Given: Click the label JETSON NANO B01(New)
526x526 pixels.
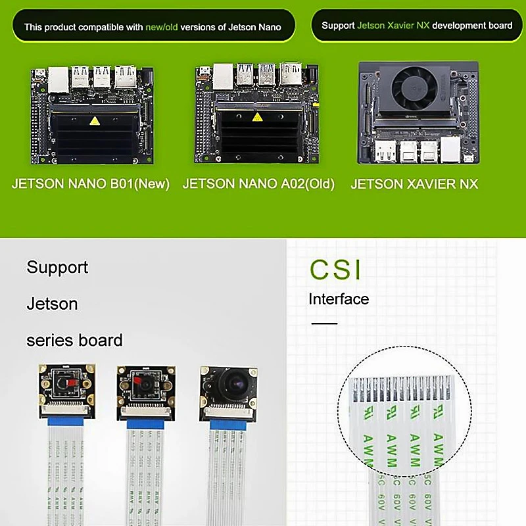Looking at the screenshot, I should pyautogui.click(x=91, y=184).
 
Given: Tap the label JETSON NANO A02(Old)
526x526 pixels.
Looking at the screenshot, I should pyautogui.click(x=258, y=184).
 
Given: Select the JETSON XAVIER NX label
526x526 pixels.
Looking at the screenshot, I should pyautogui.click(x=414, y=184).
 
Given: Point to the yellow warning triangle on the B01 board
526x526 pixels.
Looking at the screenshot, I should pyautogui.click(x=96, y=121).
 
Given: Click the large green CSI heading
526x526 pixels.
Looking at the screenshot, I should pyautogui.click(x=336, y=270).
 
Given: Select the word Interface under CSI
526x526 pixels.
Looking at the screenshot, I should pyautogui.click(x=339, y=299).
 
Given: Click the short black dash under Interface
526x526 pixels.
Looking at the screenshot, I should pyautogui.click(x=323, y=323).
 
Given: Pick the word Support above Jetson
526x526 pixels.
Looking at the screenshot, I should pyautogui.click(x=57, y=268).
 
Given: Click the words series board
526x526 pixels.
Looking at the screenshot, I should pyautogui.click(x=74, y=341).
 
